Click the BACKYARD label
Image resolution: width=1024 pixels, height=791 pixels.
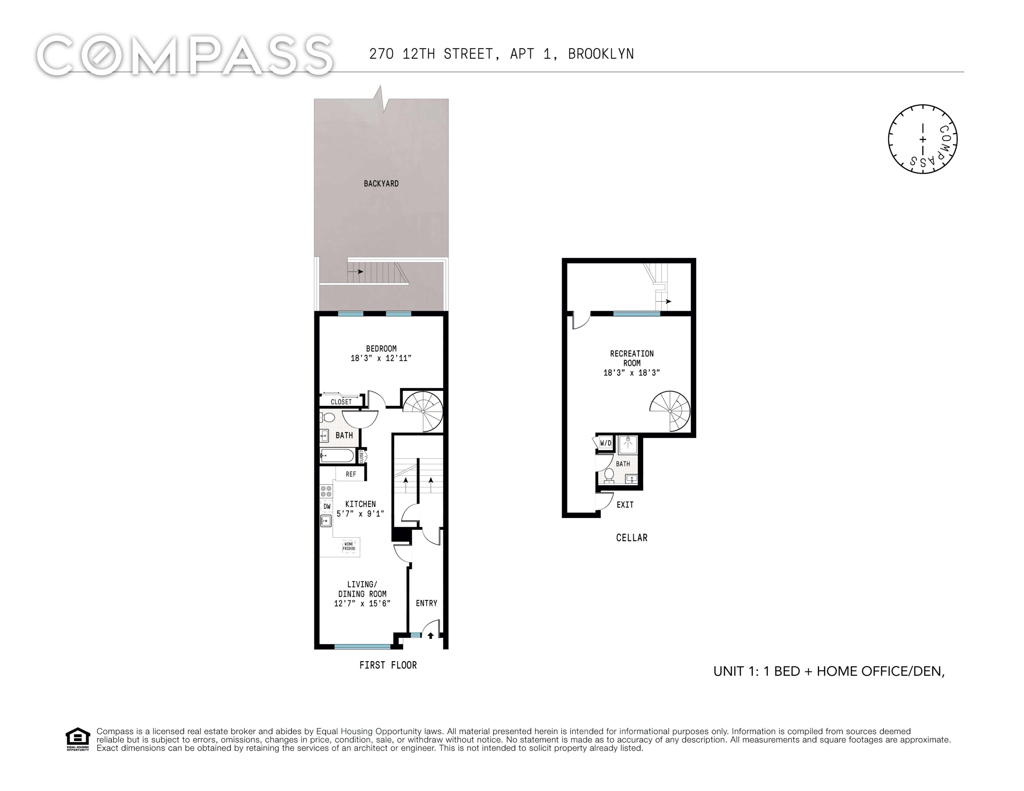pos(381,184)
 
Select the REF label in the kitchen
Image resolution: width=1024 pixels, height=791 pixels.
pos(351,474)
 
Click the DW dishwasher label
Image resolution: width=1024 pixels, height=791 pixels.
pos(327,506)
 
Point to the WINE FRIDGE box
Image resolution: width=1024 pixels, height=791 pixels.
pos(349,546)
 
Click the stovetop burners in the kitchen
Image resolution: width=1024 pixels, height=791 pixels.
pos(326,491)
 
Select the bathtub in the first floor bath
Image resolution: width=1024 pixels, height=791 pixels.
pos(337,455)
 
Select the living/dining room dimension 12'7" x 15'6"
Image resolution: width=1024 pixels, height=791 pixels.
pos(362,603)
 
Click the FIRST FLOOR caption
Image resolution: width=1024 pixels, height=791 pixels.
pos(388,665)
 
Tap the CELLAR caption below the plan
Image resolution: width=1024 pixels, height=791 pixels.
pos(632,538)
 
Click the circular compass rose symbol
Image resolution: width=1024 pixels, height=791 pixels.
pos(922,139)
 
